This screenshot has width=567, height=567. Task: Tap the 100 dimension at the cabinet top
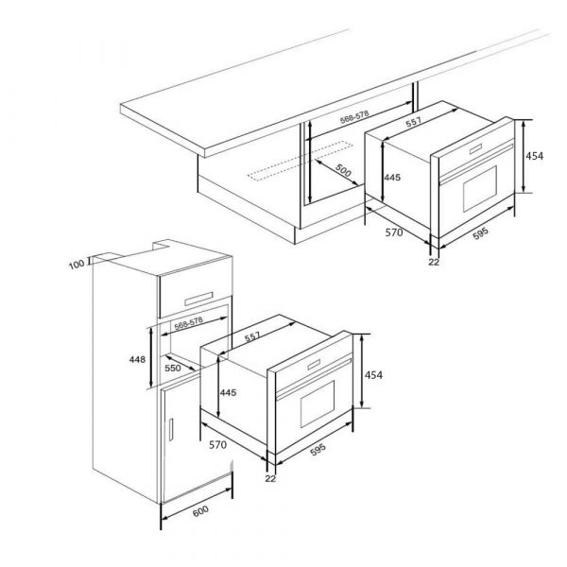click(77, 264)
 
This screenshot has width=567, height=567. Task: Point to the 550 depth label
click(173, 368)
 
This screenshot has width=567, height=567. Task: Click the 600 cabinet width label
click(200, 512)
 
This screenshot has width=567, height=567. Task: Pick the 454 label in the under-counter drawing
click(535, 157)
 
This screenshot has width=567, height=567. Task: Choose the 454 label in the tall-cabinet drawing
click(373, 376)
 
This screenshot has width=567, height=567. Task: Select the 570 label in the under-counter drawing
click(395, 232)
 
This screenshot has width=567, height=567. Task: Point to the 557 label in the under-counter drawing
click(413, 122)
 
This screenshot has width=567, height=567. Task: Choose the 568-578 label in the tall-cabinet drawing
click(189, 322)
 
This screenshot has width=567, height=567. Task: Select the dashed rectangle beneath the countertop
click(284, 173)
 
